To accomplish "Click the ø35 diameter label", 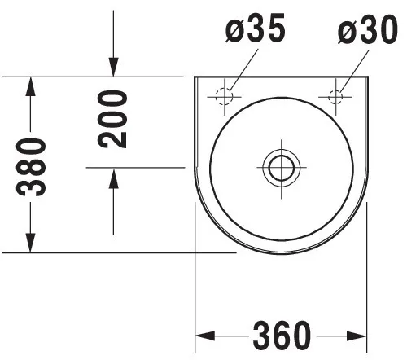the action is click(x=256, y=28).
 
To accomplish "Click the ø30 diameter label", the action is click(x=368, y=29).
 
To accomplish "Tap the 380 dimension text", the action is click(x=31, y=167).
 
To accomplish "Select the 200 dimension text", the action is click(x=112, y=119).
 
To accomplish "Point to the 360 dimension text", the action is click(x=282, y=336).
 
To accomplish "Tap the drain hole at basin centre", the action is click(x=282, y=167).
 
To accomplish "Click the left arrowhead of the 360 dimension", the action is click(x=205, y=336).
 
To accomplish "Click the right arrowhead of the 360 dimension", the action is click(x=357, y=336).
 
